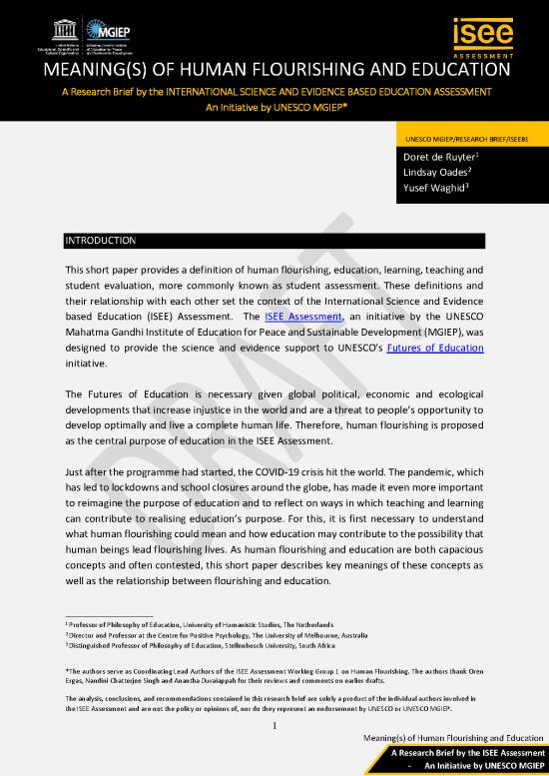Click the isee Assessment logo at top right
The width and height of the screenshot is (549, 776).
[483, 32]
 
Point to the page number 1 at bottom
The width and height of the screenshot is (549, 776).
[274, 712]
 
